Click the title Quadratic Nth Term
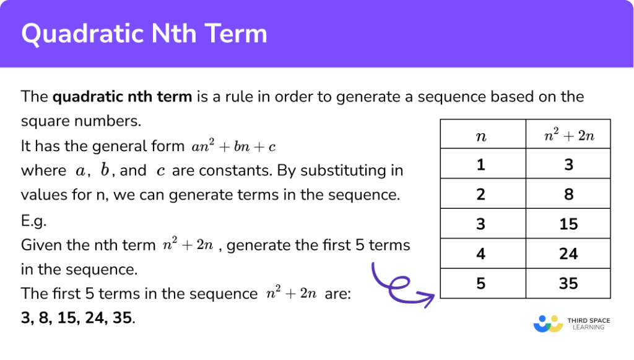pyautogui.click(x=144, y=33)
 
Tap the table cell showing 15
pyautogui.click(x=568, y=224)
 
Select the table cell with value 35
pyautogui.click(x=568, y=283)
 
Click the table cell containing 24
pyautogui.click(x=568, y=253)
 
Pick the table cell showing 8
pyautogui.click(x=568, y=194)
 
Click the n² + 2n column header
pyautogui.click(x=568, y=135)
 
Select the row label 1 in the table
pyautogui.click(x=481, y=164)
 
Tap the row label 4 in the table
pyautogui.click(x=481, y=253)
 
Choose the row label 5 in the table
pyautogui.click(x=481, y=283)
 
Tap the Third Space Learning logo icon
pyautogui.click(x=548, y=323)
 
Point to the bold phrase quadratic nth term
pyautogui.click(x=122, y=97)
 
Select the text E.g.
pyautogui.click(x=33, y=221)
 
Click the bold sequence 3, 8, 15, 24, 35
pyautogui.click(x=77, y=318)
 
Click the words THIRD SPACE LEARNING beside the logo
pyautogui.click(x=589, y=323)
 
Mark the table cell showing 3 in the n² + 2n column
pyautogui.click(x=568, y=164)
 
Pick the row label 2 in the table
pyautogui.click(x=481, y=194)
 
